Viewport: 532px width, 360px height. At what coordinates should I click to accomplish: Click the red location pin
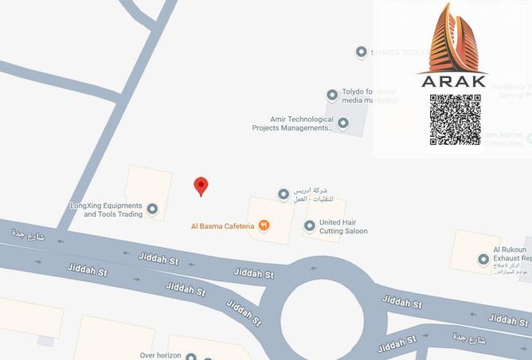coord(201,186)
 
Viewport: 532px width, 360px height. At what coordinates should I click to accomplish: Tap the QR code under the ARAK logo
coord(455,119)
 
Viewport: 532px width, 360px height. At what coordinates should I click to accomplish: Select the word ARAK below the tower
coord(452,80)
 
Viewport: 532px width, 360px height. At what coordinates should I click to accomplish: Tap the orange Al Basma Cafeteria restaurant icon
coord(264,226)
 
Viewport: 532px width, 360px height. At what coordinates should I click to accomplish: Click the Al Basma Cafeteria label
coord(222,226)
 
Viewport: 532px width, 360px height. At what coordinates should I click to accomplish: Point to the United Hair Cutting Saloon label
coord(343,227)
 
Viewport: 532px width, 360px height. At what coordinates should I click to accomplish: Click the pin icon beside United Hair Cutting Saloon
coord(310,226)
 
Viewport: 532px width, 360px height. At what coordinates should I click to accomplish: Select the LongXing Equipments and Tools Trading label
coord(106,209)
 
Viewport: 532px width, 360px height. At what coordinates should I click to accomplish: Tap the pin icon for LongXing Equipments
coord(152,209)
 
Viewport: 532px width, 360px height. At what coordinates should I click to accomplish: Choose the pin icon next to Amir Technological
coord(342,123)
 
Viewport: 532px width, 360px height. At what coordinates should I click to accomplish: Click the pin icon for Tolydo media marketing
coord(332,96)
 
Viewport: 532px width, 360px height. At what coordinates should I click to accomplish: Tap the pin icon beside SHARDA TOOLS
coord(361,53)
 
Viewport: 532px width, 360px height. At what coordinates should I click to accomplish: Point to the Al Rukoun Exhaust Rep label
coord(510,254)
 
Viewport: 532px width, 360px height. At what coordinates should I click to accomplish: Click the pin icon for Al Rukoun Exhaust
coord(483,260)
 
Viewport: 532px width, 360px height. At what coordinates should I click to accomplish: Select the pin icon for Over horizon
coord(190,357)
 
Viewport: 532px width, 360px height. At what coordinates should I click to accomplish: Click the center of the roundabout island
coord(322,311)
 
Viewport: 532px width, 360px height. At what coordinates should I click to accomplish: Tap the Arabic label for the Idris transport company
coord(311,194)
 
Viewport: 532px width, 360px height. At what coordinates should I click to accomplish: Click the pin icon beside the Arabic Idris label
coord(283,194)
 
